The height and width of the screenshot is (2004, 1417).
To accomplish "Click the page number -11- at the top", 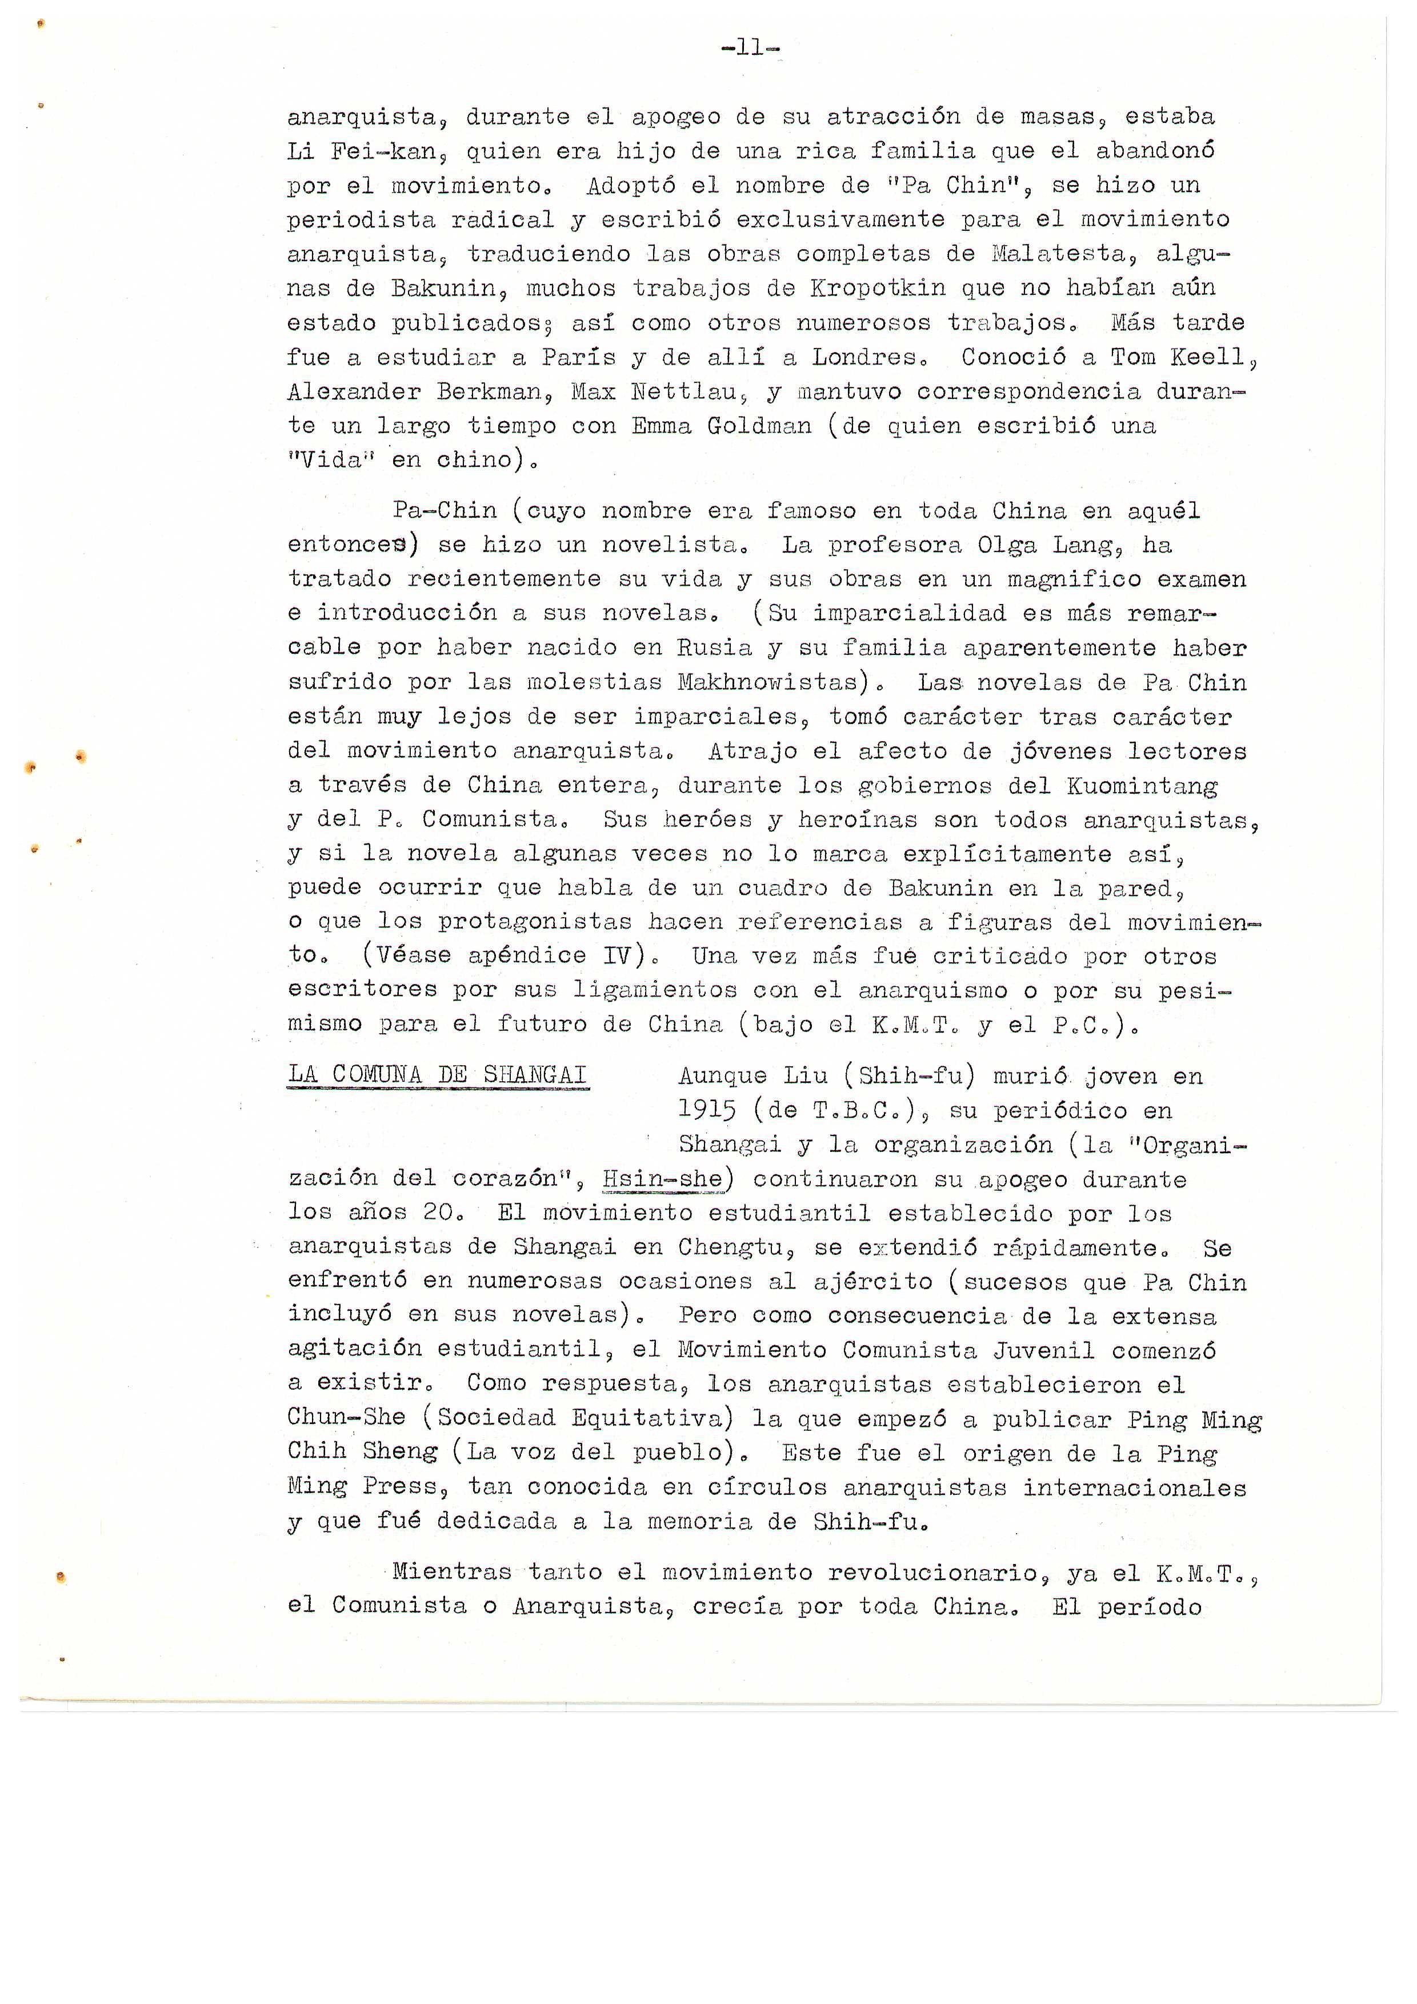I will (x=750, y=48).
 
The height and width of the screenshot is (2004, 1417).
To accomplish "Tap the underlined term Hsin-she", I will (x=663, y=1179).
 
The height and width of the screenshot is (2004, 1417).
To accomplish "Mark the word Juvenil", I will (x=1043, y=1350).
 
